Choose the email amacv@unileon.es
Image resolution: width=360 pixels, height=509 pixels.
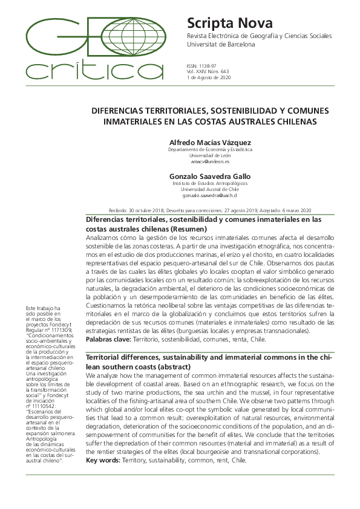(210, 162)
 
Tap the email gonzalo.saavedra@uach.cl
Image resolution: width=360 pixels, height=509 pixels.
(210, 196)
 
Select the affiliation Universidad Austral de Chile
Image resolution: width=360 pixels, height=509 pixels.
(210, 189)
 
